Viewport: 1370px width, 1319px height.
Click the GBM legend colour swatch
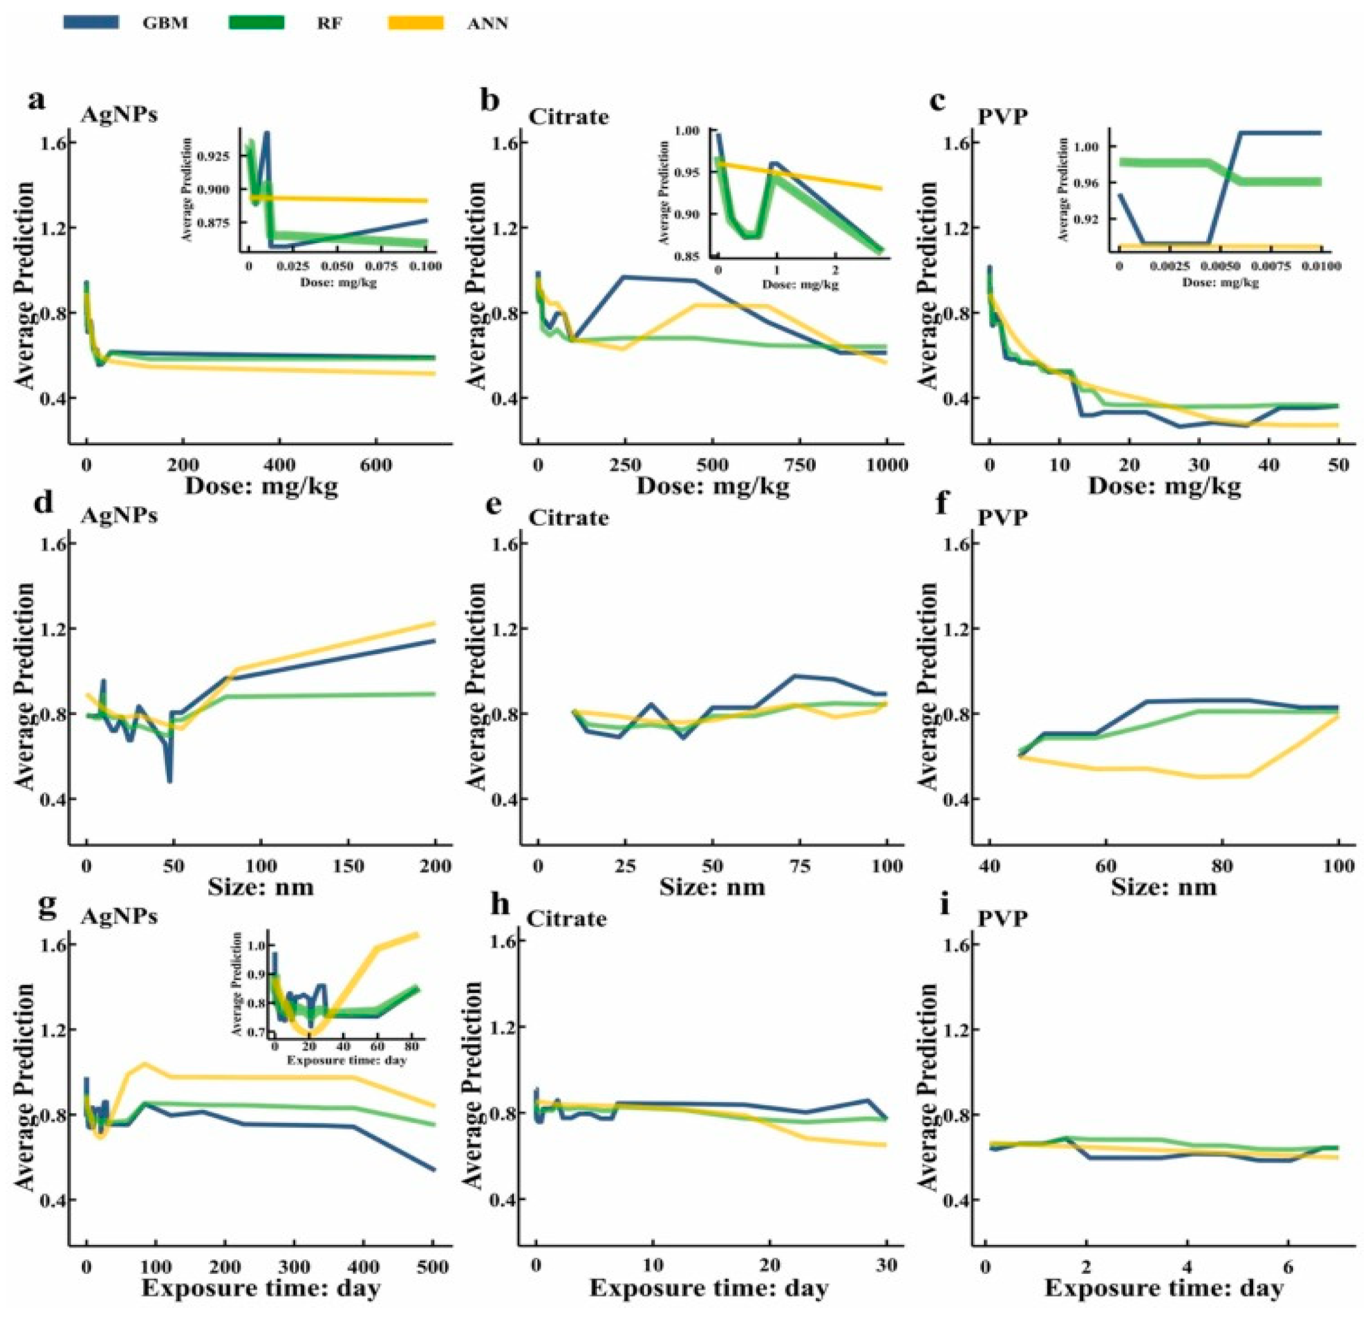pos(91,23)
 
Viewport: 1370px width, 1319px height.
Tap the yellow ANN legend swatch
pos(415,23)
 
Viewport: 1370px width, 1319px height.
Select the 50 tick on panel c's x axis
pos(1338,465)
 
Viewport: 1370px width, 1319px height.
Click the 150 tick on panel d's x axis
pos(348,866)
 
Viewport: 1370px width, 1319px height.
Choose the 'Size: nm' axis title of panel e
pos(712,887)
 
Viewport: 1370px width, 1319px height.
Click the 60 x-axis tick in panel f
pos(1105,866)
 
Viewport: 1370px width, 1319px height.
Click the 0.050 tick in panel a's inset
pos(337,266)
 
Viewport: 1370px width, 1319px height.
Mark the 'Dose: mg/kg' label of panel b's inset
pos(800,285)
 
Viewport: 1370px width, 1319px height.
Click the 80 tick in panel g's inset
pos(408,1047)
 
